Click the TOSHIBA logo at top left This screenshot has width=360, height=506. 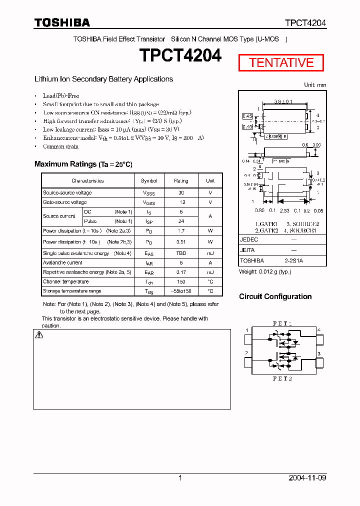(x=62, y=22)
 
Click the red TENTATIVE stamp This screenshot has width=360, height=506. (x=281, y=62)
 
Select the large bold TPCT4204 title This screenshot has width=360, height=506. (x=180, y=56)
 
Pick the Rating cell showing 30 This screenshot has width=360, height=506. (x=181, y=192)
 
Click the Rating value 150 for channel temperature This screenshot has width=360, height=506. (x=181, y=281)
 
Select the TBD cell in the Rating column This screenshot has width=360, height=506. (x=181, y=253)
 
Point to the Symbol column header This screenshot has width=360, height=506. (x=149, y=180)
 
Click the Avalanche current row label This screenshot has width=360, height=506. (x=62, y=262)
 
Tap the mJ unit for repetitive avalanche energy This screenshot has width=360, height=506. (x=210, y=272)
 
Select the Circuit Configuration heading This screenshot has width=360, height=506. (x=275, y=296)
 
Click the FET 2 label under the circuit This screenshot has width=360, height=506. (x=282, y=378)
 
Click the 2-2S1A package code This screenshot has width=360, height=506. (x=293, y=260)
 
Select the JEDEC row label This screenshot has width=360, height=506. (x=249, y=239)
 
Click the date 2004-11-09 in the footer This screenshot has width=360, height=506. (x=307, y=478)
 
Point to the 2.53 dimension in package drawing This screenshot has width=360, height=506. (x=284, y=210)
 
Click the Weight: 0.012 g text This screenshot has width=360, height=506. (x=265, y=271)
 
